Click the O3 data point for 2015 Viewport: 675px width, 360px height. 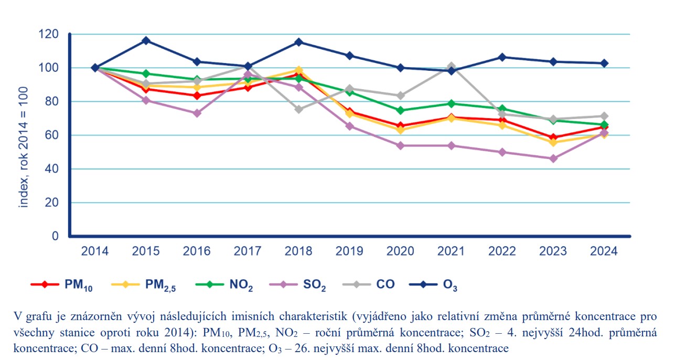[146, 40]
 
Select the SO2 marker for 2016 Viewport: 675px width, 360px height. [197, 113]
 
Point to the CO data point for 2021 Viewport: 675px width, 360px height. [452, 67]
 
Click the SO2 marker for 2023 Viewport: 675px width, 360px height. [553, 158]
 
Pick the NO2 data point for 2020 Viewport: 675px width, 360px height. [401, 110]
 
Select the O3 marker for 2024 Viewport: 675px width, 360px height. [604, 63]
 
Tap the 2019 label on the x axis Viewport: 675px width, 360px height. [350, 251]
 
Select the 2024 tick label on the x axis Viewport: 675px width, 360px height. [604, 251]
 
